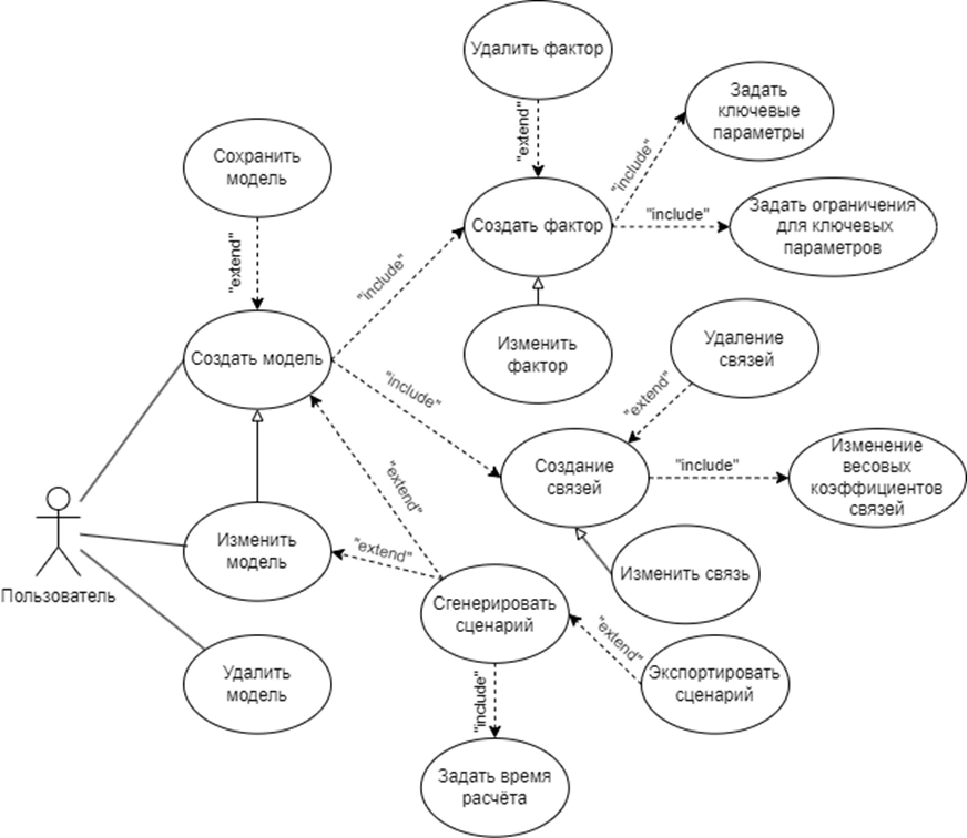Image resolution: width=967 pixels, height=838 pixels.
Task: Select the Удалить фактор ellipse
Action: tap(537, 49)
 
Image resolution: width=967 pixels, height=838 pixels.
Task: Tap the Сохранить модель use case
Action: tap(257, 168)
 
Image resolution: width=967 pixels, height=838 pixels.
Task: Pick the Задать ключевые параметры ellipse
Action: tap(758, 111)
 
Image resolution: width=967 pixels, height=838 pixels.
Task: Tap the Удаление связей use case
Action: tap(744, 349)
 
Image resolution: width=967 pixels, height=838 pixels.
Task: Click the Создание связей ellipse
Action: tap(575, 477)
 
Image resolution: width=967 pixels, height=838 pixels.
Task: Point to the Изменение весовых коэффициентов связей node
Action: tap(876, 477)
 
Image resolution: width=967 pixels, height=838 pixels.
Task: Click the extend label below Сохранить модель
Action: tap(237, 266)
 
